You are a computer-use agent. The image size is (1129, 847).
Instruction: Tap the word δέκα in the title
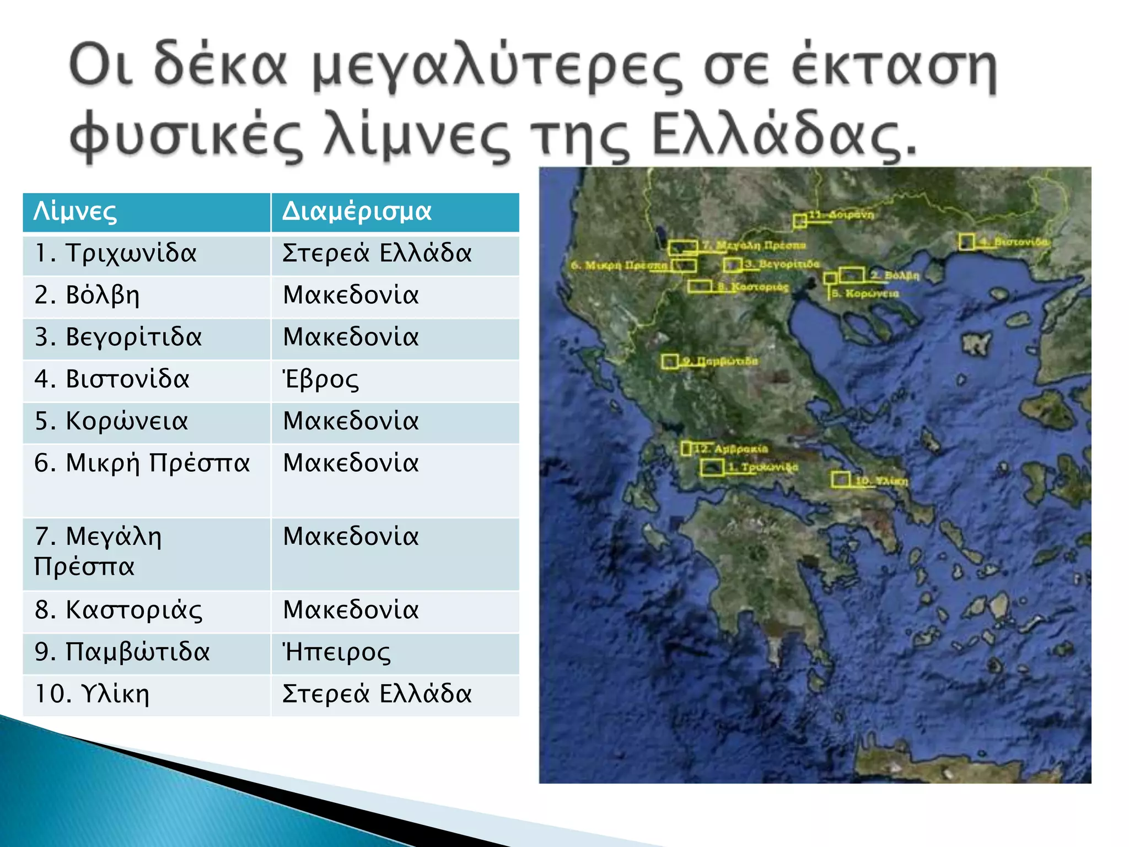coord(220,66)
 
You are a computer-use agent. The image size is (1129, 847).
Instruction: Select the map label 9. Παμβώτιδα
coord(720,361)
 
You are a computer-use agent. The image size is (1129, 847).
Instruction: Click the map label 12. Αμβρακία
coord(731,449)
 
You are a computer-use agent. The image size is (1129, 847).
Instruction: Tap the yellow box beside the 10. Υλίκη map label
coord(840,479)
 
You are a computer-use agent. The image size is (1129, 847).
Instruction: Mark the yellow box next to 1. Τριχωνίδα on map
coord(712,467)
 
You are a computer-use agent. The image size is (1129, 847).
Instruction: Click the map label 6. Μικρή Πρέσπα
coord(619,265)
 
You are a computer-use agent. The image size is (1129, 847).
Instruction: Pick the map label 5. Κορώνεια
coord(865,293)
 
